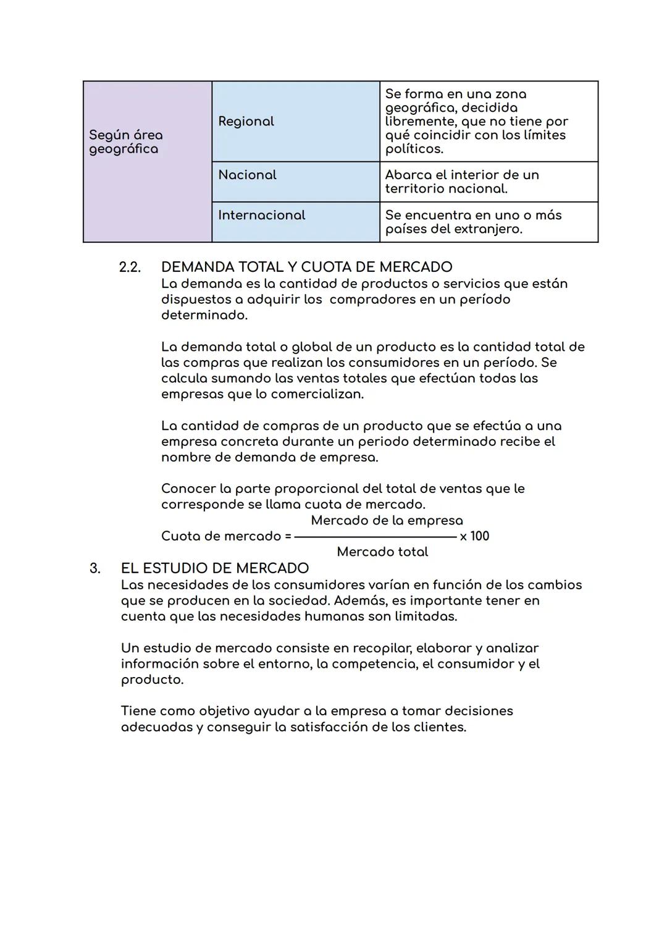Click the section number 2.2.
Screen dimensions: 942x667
pyautogui.click(x=130, y=267)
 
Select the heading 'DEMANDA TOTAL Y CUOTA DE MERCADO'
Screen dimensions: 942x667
pyautogui.click(x=306, y=267)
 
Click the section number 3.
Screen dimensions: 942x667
pyautogui.click(x=94, y=568)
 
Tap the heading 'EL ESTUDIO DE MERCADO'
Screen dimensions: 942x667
pyautogui.click(x=214, y=568)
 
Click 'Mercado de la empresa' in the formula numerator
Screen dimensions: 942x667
pyautogui.click(x=387, y=520)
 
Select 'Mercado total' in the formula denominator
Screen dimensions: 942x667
pyautogui.click(x=382, y=552)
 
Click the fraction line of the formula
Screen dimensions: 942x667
pyautogui.click(x=375, y=537)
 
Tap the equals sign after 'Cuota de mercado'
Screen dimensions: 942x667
pyautogui.click(x=288, y=536)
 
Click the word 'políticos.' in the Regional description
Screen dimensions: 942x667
pyautogui.click(x=414, y=149)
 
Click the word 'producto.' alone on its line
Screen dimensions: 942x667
pyautogui.click(x=152, y=679)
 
